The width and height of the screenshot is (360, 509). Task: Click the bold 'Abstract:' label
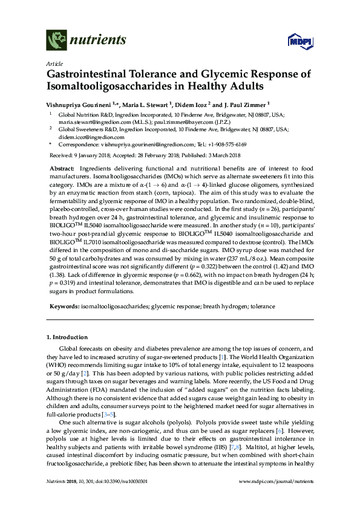click(x=61, y=167)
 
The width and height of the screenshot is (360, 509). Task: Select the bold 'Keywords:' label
click(x=63, y=307)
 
